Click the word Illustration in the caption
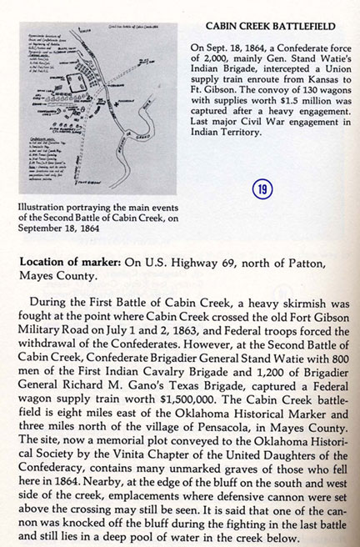point(45,209)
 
